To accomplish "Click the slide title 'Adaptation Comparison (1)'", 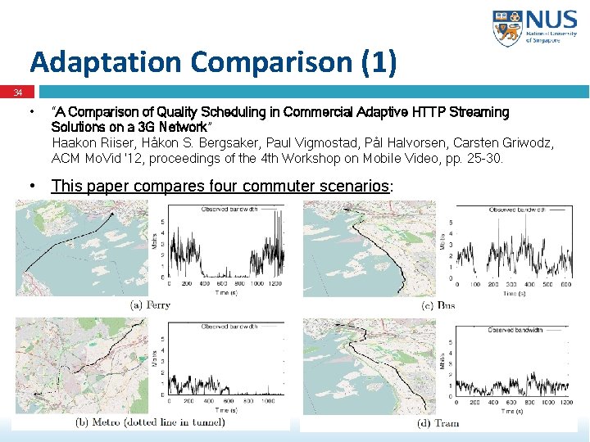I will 213,62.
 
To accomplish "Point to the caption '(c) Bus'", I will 438,305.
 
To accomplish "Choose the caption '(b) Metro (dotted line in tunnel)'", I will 150,422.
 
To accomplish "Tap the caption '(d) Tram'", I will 438,422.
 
